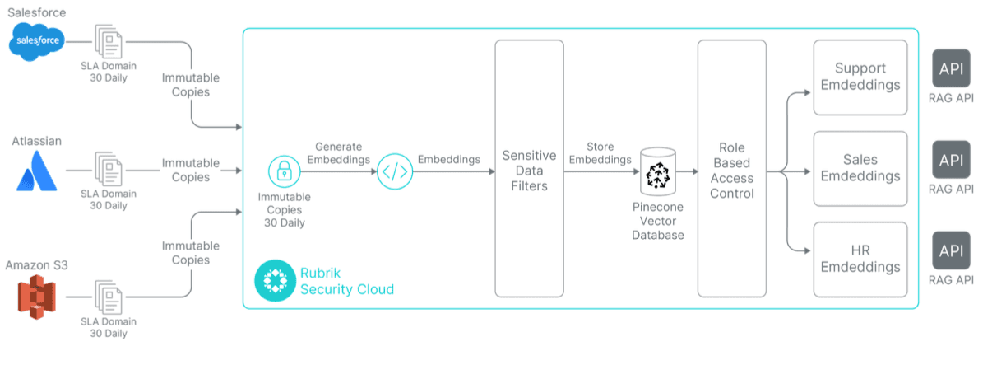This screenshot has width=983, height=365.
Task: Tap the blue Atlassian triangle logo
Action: pos(35,171)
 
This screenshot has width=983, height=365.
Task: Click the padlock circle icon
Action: pos(284,171)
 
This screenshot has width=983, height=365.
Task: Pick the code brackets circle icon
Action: pos(394,172)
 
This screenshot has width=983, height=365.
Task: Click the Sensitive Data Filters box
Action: pos(529,168)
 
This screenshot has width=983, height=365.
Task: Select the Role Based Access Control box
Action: pos(732,168)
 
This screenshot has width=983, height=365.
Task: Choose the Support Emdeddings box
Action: pos(860,77)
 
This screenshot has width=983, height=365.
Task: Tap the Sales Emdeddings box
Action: pos(860,168)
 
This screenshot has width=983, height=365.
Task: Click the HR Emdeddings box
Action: pos(860,259)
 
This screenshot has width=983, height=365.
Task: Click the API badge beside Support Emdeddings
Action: pos(952,69)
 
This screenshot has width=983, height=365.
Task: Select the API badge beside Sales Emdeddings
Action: pos(952,160)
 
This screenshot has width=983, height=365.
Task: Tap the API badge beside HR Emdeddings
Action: pos(952,250)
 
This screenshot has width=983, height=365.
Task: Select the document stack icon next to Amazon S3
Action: pos(109,300)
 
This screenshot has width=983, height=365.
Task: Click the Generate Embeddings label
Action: pos(337,153)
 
